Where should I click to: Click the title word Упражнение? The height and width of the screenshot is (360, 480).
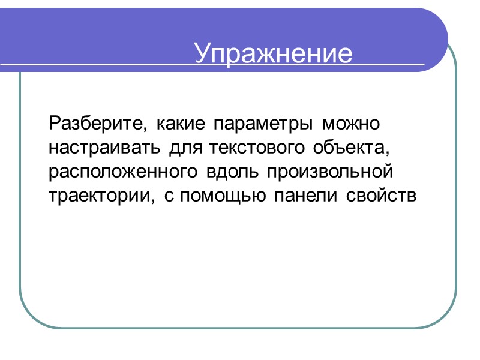coord(273,54)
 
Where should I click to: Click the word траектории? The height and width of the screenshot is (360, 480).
coord(98,196)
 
